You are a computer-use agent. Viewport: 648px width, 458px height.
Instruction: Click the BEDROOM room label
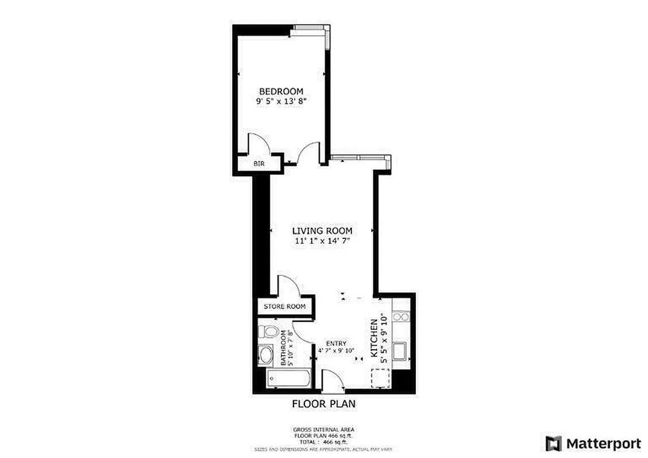[281, 92]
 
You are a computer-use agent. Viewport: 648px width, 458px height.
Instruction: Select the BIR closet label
[259, 164]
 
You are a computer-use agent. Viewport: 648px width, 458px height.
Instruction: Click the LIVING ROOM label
[322, 231]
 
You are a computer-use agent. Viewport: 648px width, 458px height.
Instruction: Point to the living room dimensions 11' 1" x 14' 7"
[322, 241]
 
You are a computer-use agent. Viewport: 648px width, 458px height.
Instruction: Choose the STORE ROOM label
[284, 307]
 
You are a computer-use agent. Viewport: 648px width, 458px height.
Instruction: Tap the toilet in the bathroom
[268, 331]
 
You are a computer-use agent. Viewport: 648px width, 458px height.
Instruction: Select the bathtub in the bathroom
[289, 378]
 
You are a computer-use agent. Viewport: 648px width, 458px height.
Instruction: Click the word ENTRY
[336, 343]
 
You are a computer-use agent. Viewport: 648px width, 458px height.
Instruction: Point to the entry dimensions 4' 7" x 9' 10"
[336, 350]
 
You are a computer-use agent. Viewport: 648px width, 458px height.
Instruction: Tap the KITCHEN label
[374, 338]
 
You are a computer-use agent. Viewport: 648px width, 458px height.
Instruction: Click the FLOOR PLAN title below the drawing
[324, 404]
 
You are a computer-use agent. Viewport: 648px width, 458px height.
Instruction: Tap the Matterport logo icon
[553, 443]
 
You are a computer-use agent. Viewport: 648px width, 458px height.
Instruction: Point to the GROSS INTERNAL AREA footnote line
[324, 429]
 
